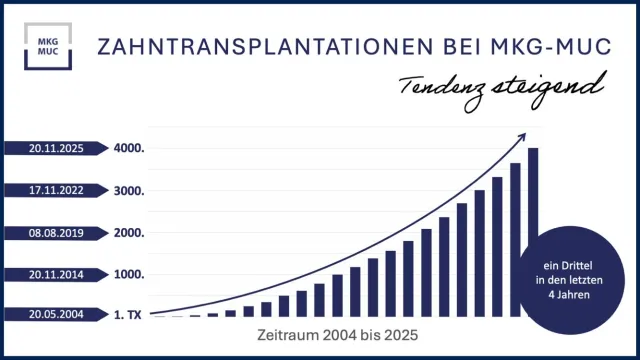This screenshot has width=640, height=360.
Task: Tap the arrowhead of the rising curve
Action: tap(527, 136)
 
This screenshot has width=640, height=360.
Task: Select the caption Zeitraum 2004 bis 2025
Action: tap(335, 334)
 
